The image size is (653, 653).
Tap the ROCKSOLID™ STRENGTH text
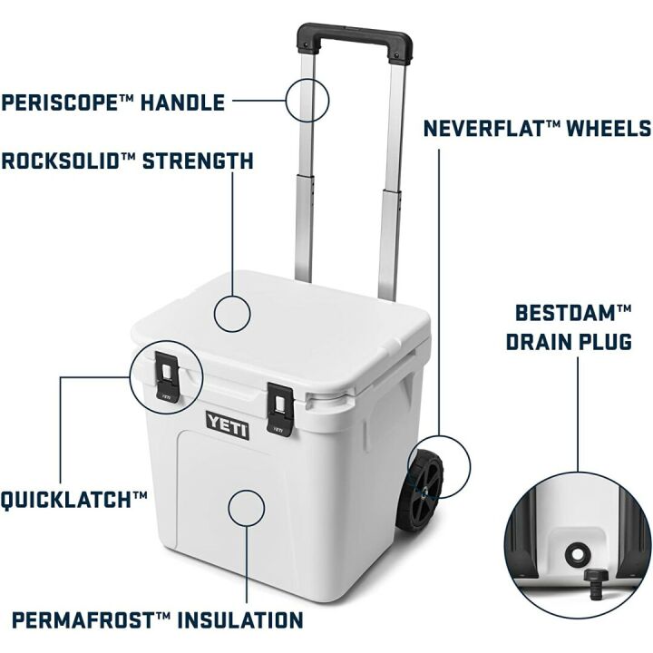[x=127, y=161]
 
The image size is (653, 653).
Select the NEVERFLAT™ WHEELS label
[x=537, y=128]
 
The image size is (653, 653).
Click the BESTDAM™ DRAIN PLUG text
[x=572, y=327]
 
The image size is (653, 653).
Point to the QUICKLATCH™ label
[x=74, y=499]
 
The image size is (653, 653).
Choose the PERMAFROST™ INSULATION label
[x=157, y=621]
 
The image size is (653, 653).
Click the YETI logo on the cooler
[x=227, y=424]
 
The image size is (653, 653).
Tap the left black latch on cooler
[x=167, y=376]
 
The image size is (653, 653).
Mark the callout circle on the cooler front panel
[x=247, y=508]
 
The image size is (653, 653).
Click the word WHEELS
[x=609, y=128]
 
